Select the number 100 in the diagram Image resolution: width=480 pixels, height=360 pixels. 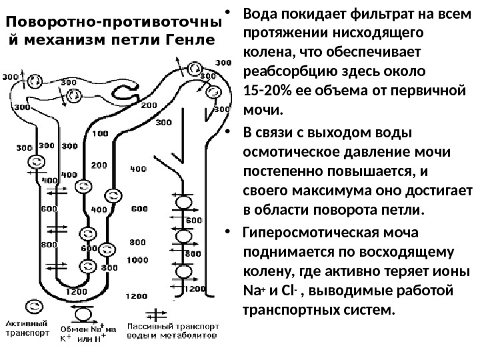tap(101, 133)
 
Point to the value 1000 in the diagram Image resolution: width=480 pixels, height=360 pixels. tap(137, 259)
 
